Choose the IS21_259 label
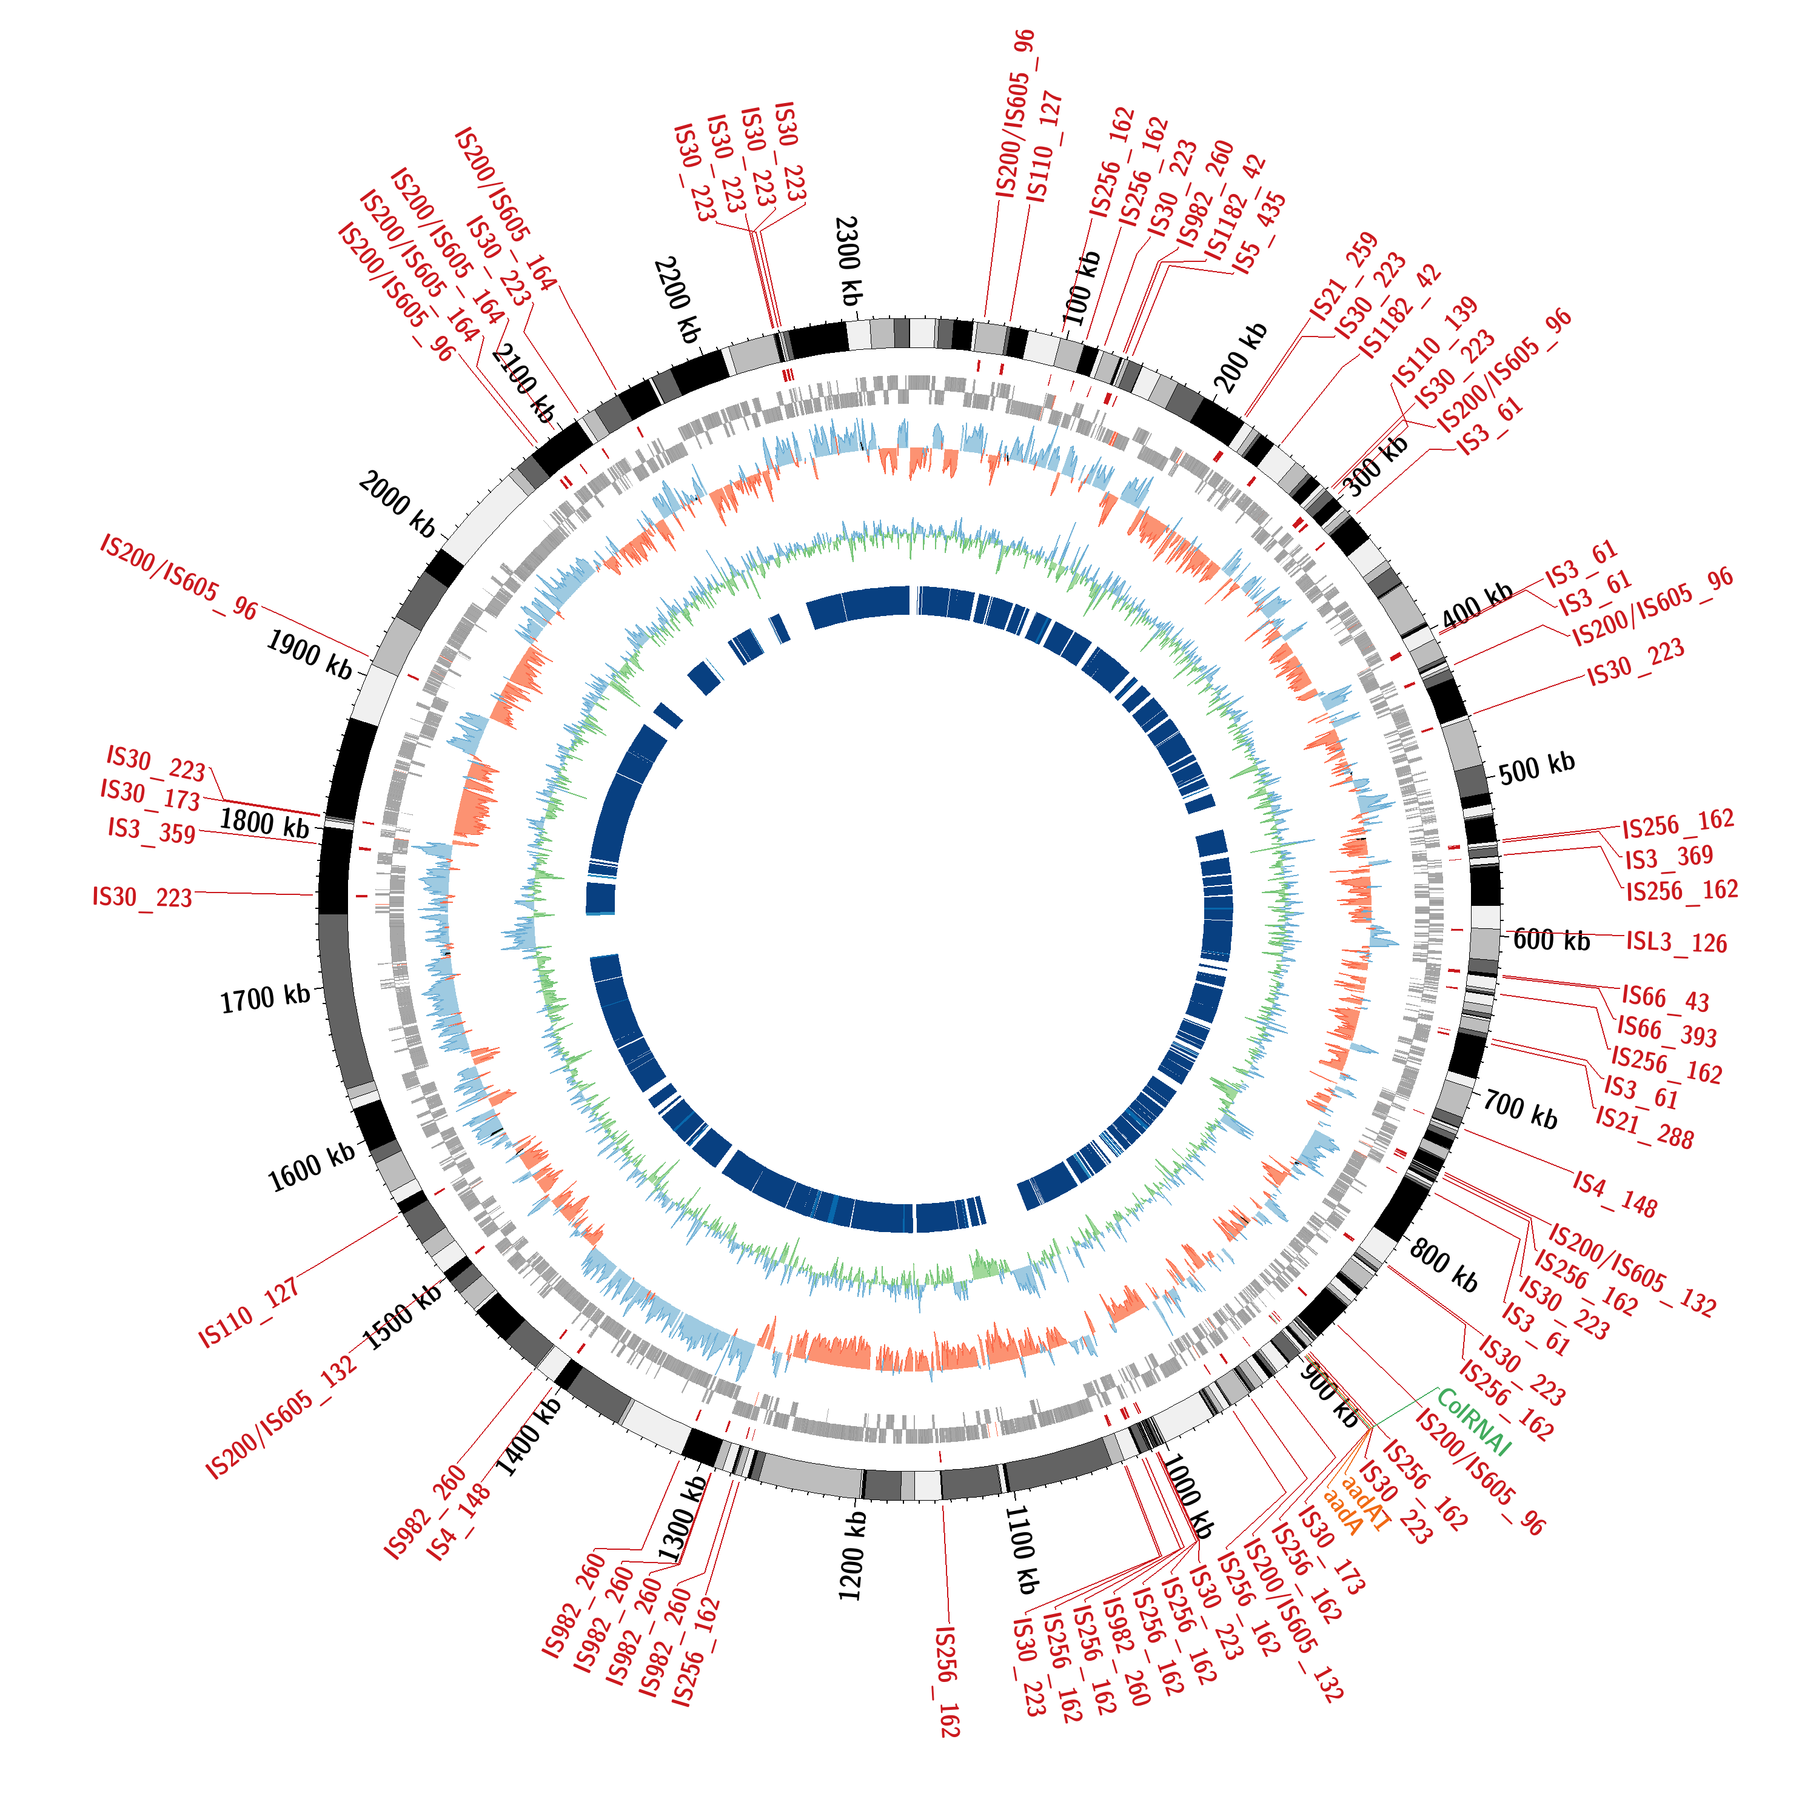[1344, 277]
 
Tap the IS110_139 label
[1435, 343]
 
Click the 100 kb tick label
[1081, 288]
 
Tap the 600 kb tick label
[1552, 940]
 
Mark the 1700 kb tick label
[266, 999]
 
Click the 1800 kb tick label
[264, 822]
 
